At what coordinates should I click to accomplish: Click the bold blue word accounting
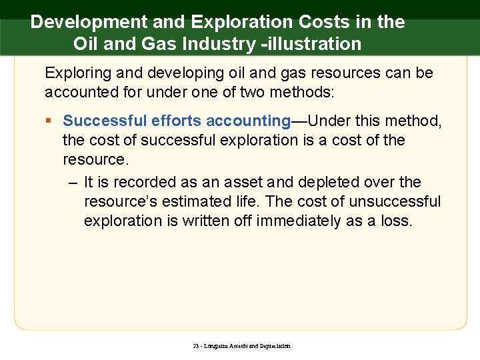pyautogui.click(x=248, y=121)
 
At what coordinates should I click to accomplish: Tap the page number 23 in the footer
pyautogui.click(x=195, y=346)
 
